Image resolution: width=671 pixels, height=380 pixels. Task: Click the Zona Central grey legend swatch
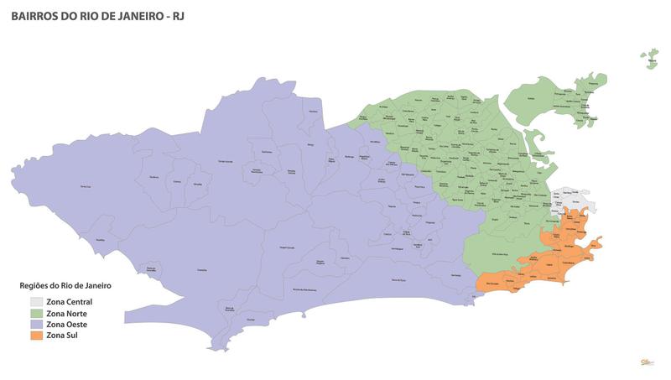(36, 301)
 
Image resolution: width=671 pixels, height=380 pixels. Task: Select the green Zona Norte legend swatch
(36, 313)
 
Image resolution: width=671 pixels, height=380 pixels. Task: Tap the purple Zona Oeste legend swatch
(36, 324)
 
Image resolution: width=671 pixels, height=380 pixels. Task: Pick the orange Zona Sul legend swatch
(36, 335)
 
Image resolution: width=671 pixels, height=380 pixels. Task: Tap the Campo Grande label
(226, 159)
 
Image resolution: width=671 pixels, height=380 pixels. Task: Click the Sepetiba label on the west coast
(101, 240)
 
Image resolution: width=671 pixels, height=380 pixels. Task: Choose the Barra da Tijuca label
(404, 279)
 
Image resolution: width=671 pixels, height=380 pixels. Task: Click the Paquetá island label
(651, 58)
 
